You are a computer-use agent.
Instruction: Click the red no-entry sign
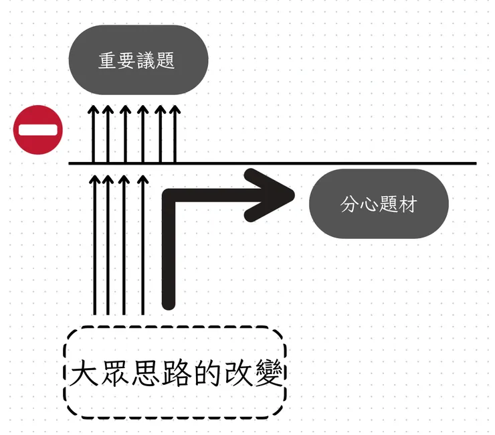coord(38,130)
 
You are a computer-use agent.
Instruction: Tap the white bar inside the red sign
coord(38,130)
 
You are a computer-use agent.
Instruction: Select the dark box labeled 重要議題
coord(138,60)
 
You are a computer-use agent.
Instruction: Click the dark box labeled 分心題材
coord(379,204)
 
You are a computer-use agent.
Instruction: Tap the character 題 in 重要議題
coord(167,61)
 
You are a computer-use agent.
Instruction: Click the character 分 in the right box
coord(350,205)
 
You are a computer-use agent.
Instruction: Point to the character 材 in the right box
coord(407,205)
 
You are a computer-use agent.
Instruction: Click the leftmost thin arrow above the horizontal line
coord(93,134)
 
